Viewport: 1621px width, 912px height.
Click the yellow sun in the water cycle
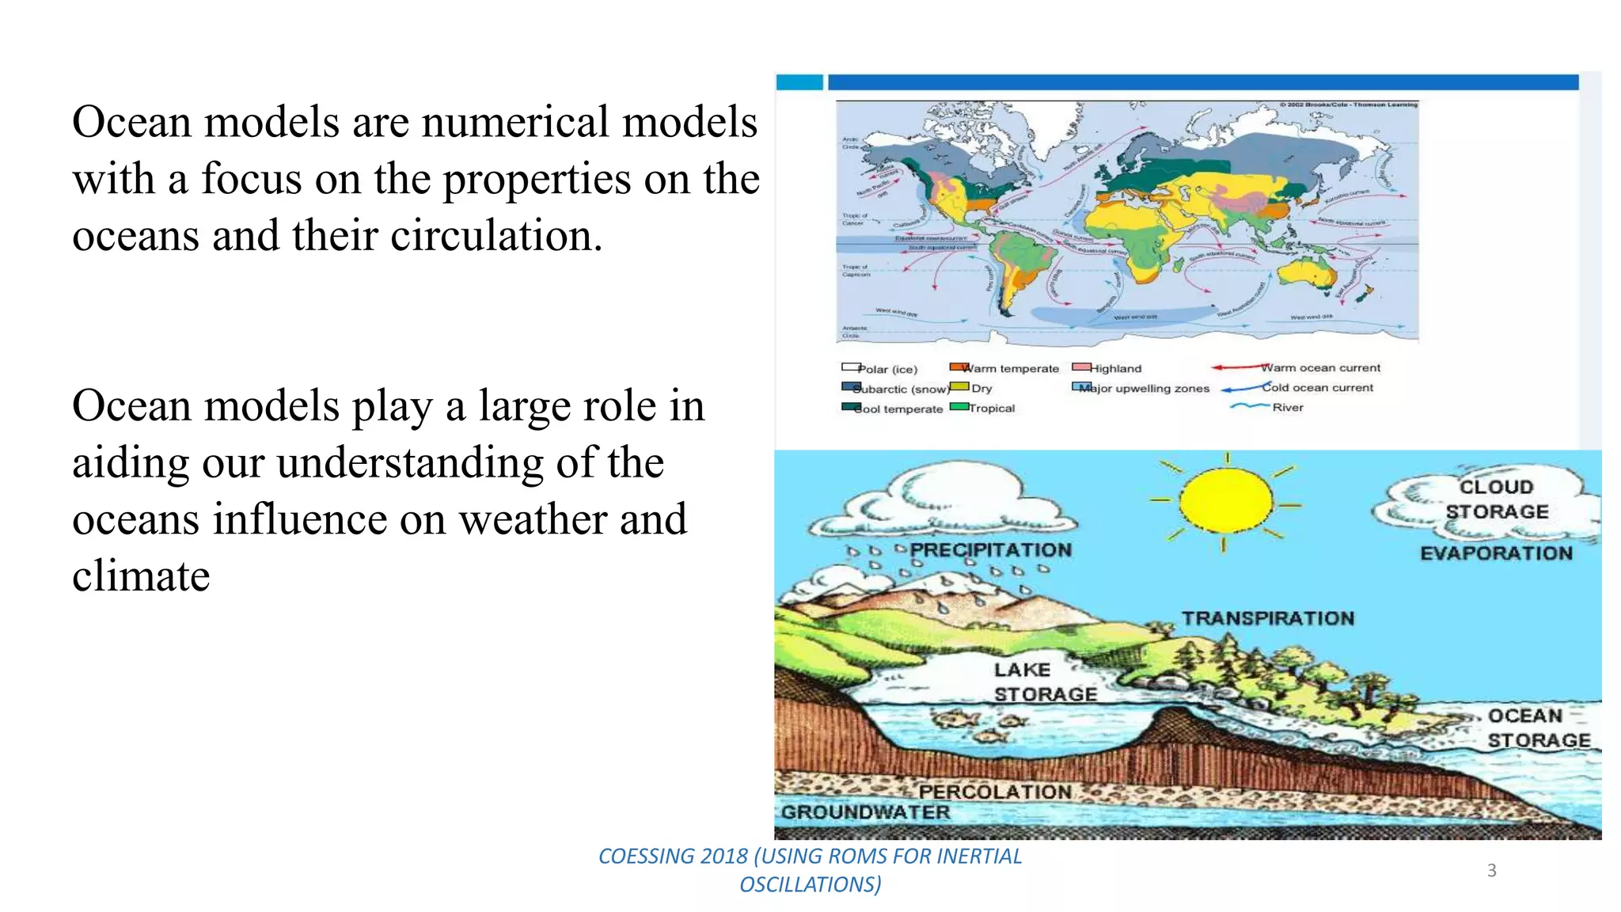click(x=1225, y=500)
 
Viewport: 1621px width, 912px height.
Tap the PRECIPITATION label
click(x=990, y=550)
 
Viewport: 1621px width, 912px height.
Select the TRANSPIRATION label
click(x=1268, y=618)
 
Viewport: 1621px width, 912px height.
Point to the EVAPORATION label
click(x=1496, y=553)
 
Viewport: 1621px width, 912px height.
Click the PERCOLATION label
click(x=994, y=792)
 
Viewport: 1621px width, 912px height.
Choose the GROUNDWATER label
click(x=865, y=812)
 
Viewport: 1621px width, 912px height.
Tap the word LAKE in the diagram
click(x=1022, y=670)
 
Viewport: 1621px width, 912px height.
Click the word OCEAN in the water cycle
click(x=1525, y=716)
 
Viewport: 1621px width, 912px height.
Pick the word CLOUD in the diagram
click(x=1496, y=487)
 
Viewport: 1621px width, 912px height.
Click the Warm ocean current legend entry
click(x=1319, y=368)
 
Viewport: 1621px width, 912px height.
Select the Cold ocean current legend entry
click(x=1317, y=388)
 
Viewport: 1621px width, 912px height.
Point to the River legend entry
click(x=1287, y=408)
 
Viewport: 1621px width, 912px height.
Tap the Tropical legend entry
click(x=991, y=408)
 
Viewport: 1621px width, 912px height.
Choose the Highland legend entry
click(x=1115, y=369)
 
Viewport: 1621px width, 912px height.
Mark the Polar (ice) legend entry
click(x=887, y=370)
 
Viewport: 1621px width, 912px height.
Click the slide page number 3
click(x=1491, y=871)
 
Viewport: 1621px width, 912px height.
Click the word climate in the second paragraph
click(x=141, y=576)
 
